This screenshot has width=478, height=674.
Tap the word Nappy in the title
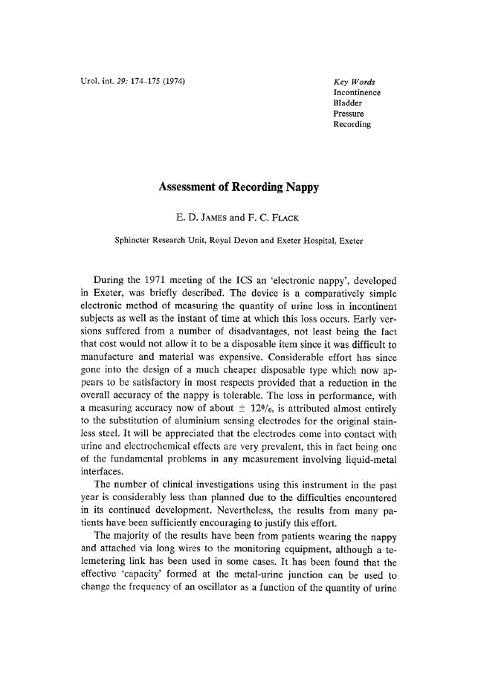(300, 187)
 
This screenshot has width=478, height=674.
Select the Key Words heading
(355, 82)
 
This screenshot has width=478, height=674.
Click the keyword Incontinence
(357, 93)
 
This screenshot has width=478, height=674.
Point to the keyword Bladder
(348, 103)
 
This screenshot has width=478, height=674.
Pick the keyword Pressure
(349, 114)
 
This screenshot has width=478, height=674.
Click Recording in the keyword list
(352, 124)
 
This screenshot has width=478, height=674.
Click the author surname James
(213, 219)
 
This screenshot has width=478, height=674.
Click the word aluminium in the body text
(172, 421)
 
